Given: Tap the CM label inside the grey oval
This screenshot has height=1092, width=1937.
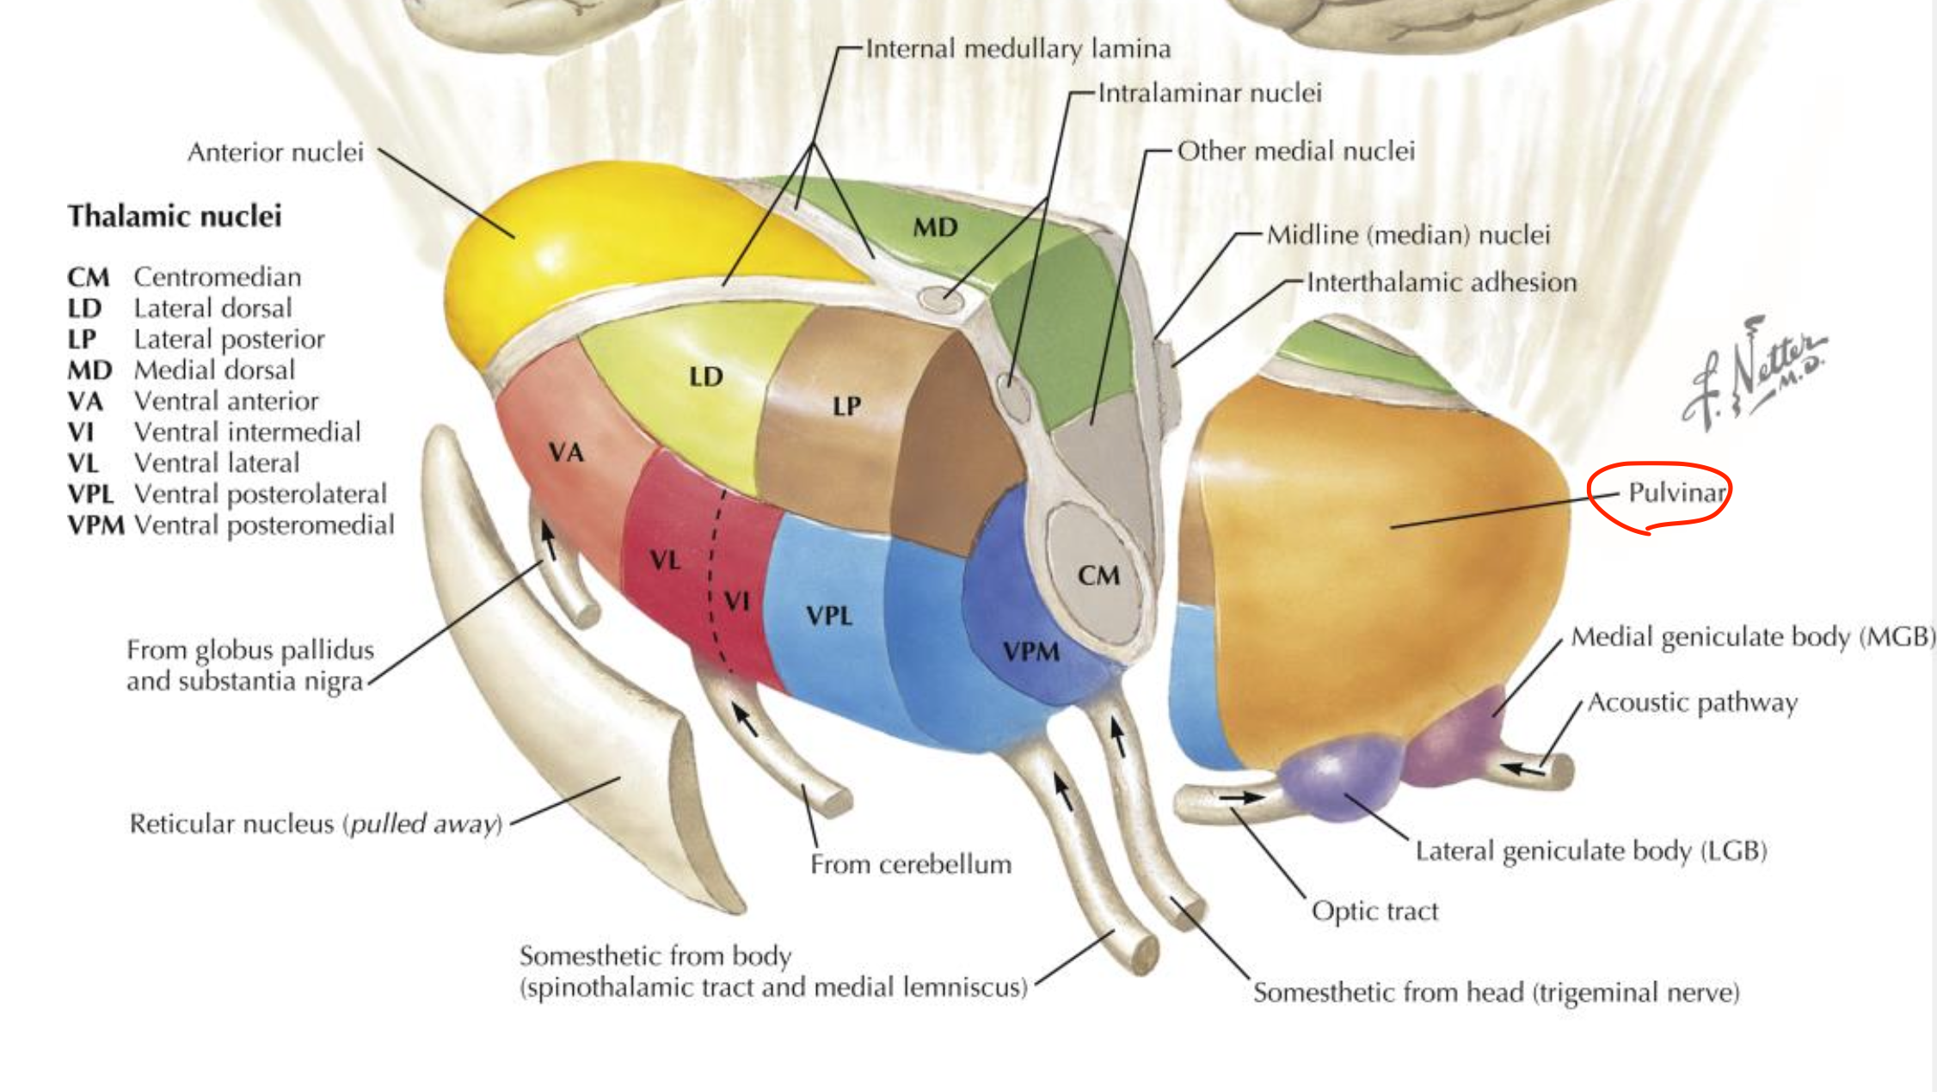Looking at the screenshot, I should click(1098, 575).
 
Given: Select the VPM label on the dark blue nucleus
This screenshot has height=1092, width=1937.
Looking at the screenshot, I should click(1030, 652).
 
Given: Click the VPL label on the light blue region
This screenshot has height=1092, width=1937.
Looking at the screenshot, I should click(829, 616).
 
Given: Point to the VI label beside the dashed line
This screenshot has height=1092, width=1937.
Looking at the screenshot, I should click(736, 600).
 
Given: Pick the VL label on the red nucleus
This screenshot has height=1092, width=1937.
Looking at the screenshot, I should click(665, 561).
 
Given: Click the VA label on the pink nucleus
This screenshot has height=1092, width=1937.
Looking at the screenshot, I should click(566, 452).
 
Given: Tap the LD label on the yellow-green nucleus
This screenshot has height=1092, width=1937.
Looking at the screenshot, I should click(705, 377).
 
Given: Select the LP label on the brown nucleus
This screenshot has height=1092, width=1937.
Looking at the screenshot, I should click(846, 406).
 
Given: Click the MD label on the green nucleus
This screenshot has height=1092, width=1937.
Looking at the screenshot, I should click(935, 228).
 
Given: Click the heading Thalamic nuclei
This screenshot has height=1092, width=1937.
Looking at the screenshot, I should click(175, 216).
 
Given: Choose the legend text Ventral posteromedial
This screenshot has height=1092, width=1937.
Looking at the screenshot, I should click(264, 525).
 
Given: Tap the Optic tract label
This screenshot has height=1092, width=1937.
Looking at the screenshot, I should click(1374, 911).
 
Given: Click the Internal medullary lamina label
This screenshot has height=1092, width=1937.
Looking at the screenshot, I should click(1018, 49).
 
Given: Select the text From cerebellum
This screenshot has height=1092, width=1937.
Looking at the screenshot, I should click(911, 864).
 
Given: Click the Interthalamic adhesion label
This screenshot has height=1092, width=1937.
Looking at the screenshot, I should click(1442, 282).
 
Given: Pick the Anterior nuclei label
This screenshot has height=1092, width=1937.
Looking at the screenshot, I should click(275, 152).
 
